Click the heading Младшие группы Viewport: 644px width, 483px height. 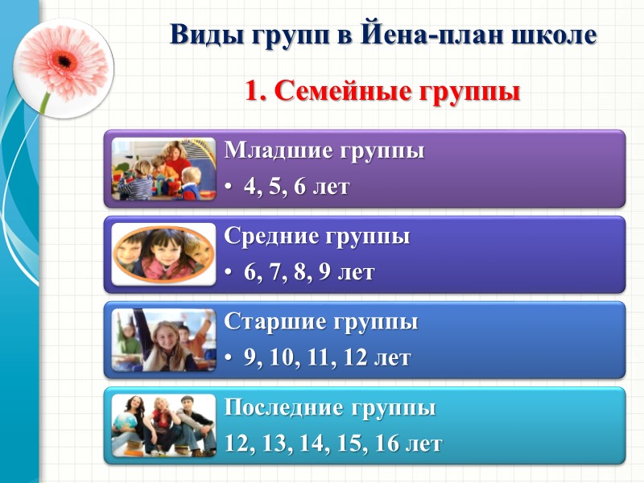coord(324,151)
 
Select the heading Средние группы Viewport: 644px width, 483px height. coord(316,237)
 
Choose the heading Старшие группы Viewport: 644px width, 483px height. coord(320,322)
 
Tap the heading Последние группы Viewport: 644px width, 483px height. coord(329,408)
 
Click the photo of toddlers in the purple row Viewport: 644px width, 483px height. coord(163,169)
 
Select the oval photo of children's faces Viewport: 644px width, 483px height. coord(163,254)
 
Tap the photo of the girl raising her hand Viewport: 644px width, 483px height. coord(163,339)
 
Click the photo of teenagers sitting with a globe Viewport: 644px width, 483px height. coord(163,425)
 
